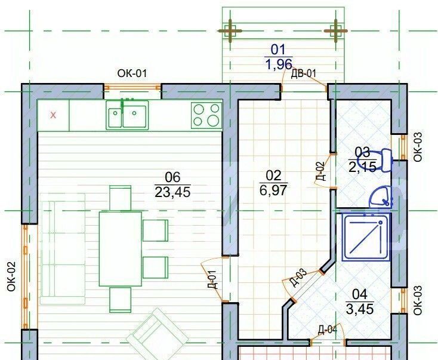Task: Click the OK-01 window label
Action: coord(132,73)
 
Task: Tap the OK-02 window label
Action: coord(12,276)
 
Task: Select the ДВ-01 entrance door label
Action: coord(303,73)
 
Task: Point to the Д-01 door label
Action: coord(212,279)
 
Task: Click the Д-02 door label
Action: coord(321,171)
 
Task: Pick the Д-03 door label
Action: coord(298,277)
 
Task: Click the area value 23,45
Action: coord(172,192)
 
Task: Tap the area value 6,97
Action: coord(273,190)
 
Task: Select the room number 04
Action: coord(360,294)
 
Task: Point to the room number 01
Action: coord(278,50)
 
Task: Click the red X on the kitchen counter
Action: coord(53,115)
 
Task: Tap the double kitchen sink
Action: coord(127,115)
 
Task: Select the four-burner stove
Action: coord(206,115)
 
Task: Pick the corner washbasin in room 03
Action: coord(381,197)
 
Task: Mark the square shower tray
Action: coord(366,237)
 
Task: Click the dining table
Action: coord(121,249)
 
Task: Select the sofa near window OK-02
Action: coord(63,248)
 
